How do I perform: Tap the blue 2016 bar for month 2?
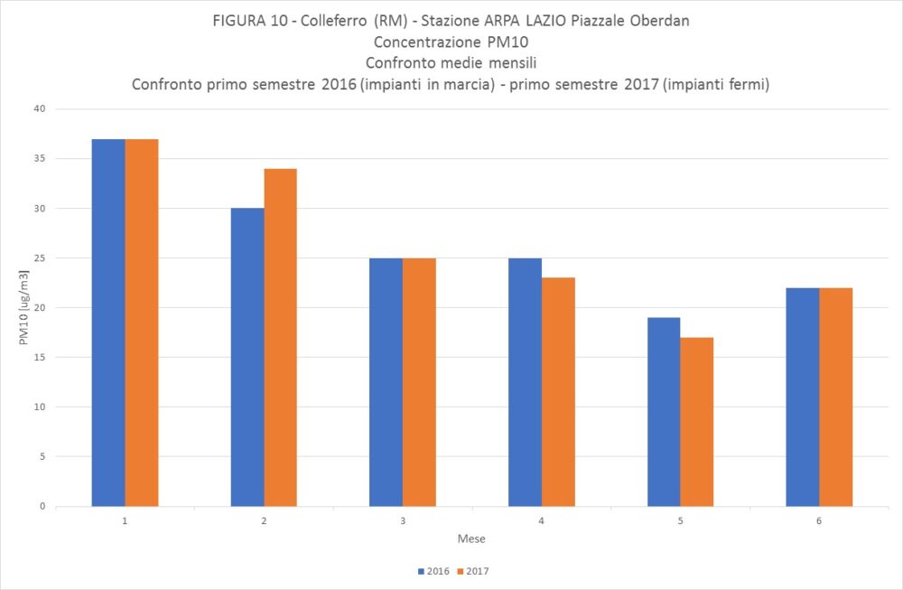pyautogui.click(x=247, y=357)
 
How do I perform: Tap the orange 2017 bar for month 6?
pyautogui.click(x=835, y=397)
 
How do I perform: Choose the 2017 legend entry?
pyautogui.click(x=473, y=571)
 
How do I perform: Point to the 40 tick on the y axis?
pyautogui.click(x=39, y=109)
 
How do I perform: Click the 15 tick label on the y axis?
pyautogui.click(x=39, y=357)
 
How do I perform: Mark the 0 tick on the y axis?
pyautogui.click(x=42, y=506)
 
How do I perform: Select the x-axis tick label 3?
pyautogui.click(x=403, y=521)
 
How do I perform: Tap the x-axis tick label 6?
pyautogui.click(x=819, y=521)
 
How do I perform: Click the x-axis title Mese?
pyautogui.click(x=470, y=539)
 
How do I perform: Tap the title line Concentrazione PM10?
pyautogui.click(x=450, y=42)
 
